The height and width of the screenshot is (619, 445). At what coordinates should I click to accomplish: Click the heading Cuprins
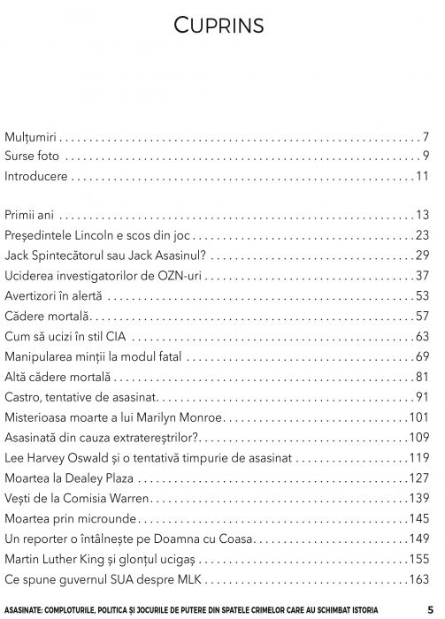(222, 26)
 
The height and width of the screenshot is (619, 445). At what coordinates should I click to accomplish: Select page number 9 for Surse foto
(426, 157)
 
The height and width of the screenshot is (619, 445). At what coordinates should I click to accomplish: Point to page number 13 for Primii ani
(422, 216)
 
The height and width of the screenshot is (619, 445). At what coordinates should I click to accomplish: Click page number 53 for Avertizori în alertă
(422, 296)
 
